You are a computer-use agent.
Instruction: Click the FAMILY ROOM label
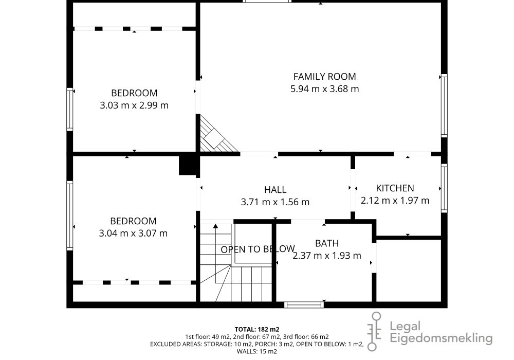coord(324,77)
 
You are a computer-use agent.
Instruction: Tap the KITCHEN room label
coord(395,188)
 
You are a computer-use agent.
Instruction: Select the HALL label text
coord(276,189)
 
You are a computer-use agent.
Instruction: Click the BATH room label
coord(327,243)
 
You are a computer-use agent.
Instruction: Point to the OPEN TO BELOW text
coord(258,249)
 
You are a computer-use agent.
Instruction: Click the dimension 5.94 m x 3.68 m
coord(324,89)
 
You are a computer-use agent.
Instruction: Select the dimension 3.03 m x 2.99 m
coord(134,105)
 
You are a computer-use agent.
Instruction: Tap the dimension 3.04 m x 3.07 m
coord(133,233)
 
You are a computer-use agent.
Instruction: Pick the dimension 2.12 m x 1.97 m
coord(395,201)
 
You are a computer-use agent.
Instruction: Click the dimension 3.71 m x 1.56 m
coord(276,202)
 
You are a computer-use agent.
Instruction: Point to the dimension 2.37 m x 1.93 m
coord(327,256)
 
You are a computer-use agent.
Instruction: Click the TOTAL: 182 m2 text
coord(257,329)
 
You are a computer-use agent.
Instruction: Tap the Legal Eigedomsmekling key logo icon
coord(375,331)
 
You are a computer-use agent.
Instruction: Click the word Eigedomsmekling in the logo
coord(441,338)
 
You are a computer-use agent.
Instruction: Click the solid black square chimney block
coord(188,165)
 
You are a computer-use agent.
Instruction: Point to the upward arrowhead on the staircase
coord(215,226)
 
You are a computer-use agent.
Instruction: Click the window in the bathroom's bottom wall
coord(304,304)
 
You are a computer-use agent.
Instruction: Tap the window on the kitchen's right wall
coord(444,188)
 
